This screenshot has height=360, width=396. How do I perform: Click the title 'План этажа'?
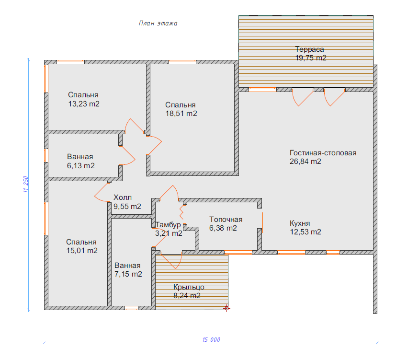pos(158,23)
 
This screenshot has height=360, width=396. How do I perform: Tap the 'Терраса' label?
pos(310,49)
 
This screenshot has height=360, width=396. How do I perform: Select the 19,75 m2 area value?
pos(311,58)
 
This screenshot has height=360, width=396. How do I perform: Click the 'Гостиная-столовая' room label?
pos(323,153)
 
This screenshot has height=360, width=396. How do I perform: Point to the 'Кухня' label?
pos(300,223)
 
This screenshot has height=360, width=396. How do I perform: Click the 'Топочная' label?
pos(226,220)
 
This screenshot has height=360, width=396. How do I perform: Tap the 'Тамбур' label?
pos(168,225)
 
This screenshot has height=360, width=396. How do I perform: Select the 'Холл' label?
pos(123,197)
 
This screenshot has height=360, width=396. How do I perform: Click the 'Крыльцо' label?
pos(189,287)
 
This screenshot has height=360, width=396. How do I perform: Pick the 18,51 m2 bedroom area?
pos(181,114)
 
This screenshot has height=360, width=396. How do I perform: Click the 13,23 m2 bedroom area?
pos(84,104)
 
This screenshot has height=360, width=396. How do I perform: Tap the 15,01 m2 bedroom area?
pos(82,251)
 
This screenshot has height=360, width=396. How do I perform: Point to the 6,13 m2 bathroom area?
pos(81,166)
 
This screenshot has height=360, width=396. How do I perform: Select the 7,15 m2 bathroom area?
pos(128,274)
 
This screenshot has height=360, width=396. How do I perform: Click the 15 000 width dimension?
pos(211,339)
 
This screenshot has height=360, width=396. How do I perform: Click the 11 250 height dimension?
pos(26,184)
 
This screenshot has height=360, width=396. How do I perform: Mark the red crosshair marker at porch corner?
pos(226,308)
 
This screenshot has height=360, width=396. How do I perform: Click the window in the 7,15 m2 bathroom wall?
pos(132,308)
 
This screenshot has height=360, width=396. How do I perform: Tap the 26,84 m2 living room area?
pos(305,161)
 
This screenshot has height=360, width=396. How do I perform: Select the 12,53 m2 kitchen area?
pos(305,232)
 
